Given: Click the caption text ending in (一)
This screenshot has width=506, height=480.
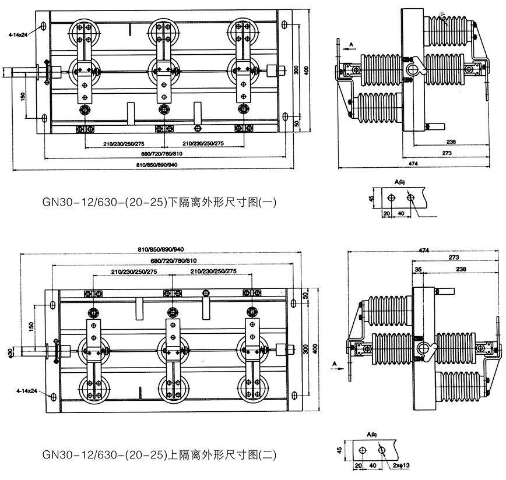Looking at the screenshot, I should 157,203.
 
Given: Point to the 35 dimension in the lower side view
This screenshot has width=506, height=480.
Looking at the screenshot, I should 418,270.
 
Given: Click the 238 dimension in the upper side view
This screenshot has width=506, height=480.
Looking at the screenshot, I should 448,142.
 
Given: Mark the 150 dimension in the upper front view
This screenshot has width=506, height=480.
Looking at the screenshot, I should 23,96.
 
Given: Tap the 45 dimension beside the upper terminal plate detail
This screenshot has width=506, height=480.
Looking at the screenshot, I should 372,199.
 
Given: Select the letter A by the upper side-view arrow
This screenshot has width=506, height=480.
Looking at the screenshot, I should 352,44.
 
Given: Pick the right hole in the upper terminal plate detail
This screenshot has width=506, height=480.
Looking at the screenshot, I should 412,199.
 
